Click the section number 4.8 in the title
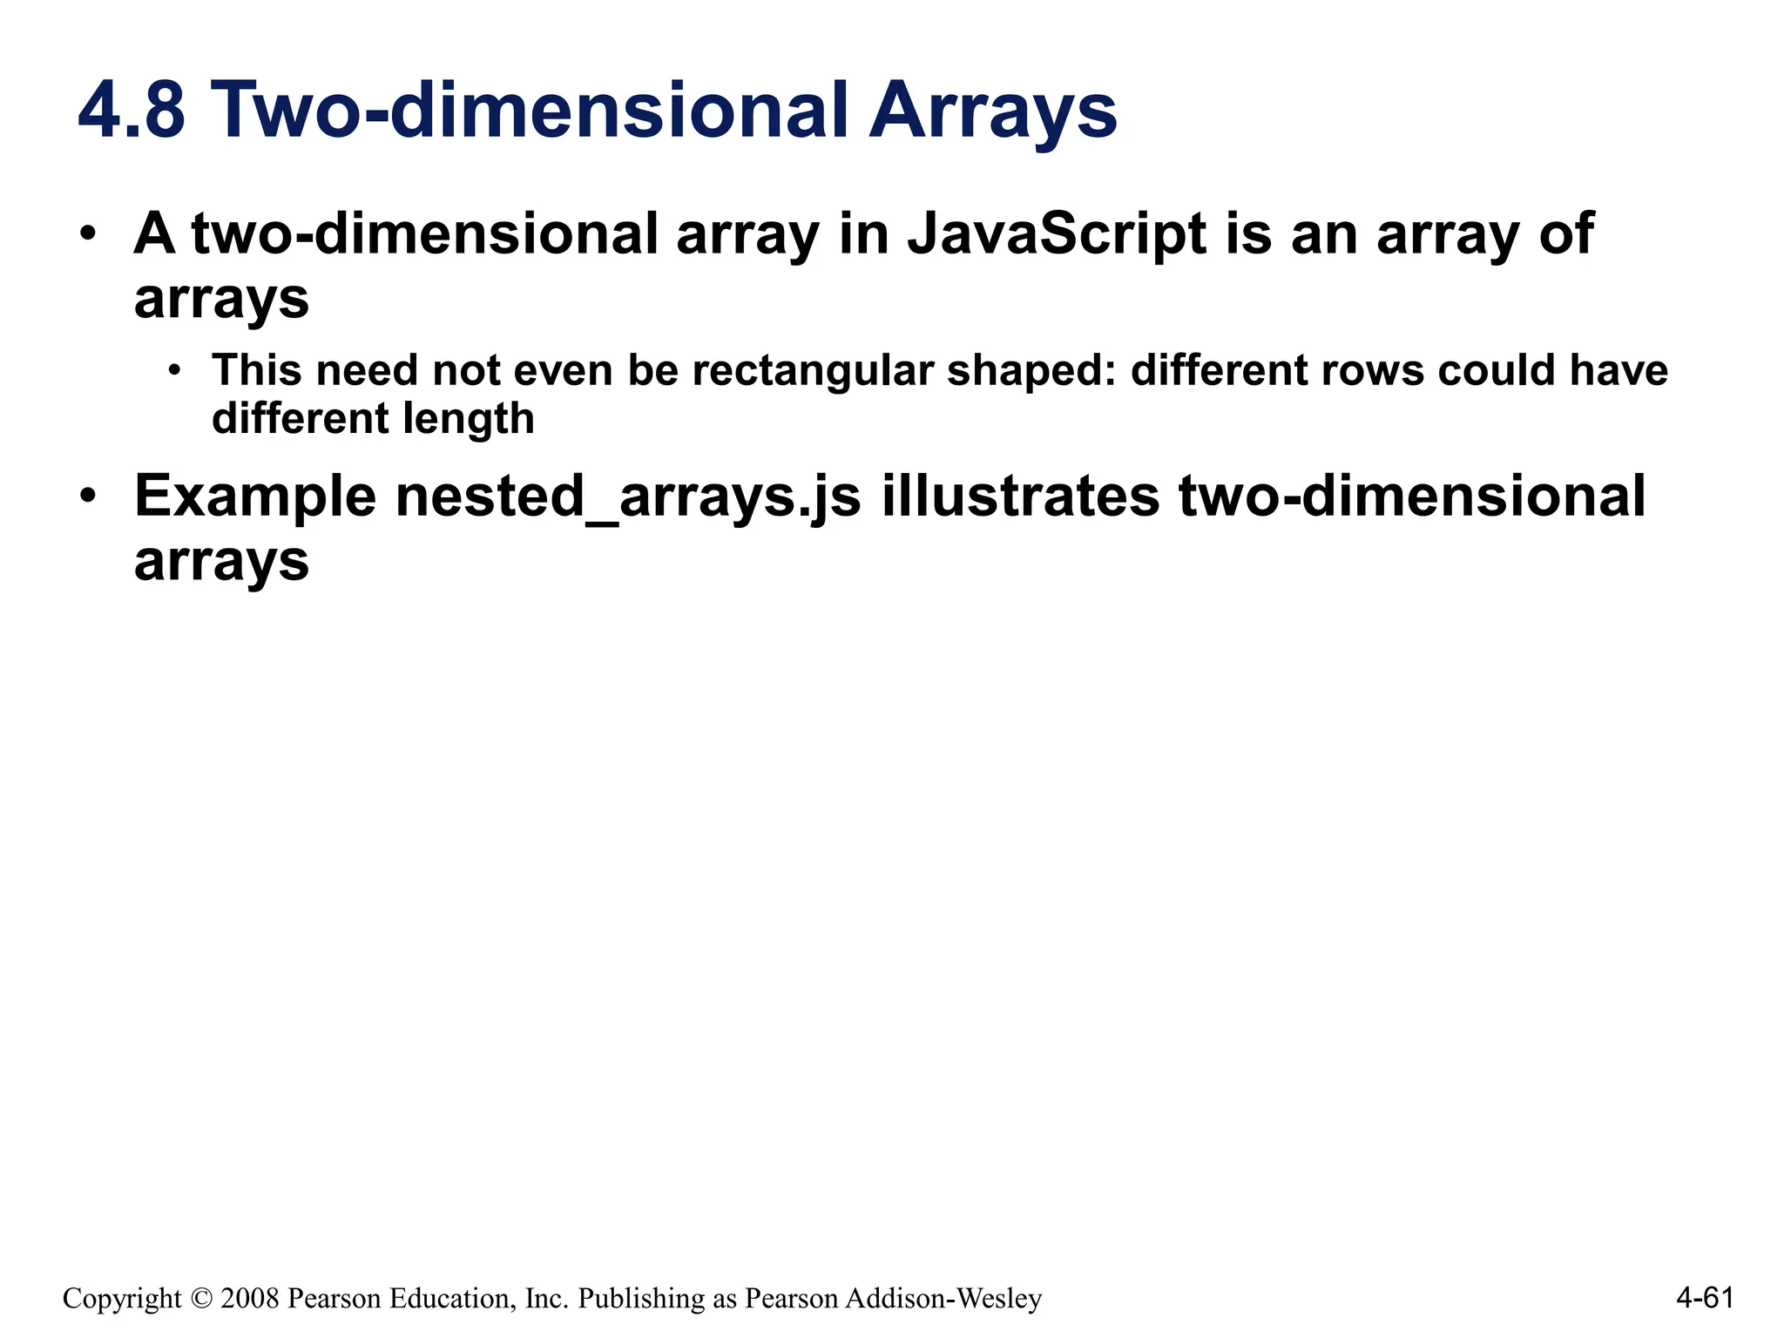click(x=132, y=111)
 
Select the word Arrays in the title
click(x=993, y=111)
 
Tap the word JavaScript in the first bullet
click(x=1057, y=234)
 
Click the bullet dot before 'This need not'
click(x=175, y=371)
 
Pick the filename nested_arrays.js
click(x=628, y=497)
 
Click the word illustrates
click(x=1020, y=497)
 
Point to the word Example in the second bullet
click(x=255, y=497)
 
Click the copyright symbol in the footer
click(x=201, y=1298)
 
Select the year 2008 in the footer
click(x=250, y=1298)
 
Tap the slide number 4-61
click(x=1705, y=1298)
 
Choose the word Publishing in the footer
click(x=642, y=1298)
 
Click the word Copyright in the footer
click(x=122, y=1298)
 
